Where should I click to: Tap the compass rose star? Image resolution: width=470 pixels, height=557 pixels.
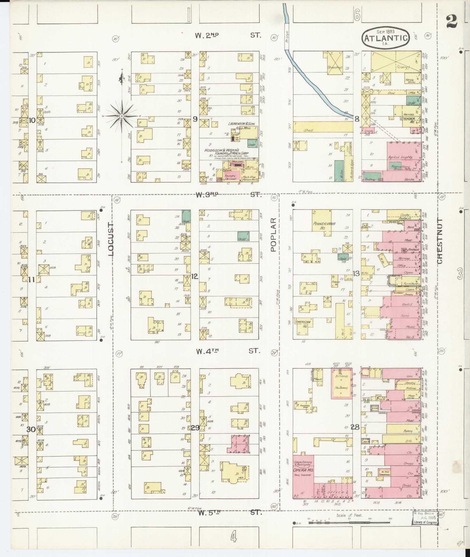(x=122, y=116)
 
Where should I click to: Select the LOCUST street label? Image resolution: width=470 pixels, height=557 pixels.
(x=111, y=239)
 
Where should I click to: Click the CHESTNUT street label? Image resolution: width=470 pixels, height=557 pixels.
(x=440, y=241)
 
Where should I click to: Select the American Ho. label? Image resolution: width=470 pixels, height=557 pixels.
(x=303, y=323)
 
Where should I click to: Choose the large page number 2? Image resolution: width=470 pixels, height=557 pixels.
(x=451, y=22)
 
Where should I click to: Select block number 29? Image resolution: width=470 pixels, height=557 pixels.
(x=195, y=428)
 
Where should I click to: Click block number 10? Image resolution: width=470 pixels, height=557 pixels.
(x=32, y=120)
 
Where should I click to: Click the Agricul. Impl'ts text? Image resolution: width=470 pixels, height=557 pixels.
(x=400, y=157)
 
